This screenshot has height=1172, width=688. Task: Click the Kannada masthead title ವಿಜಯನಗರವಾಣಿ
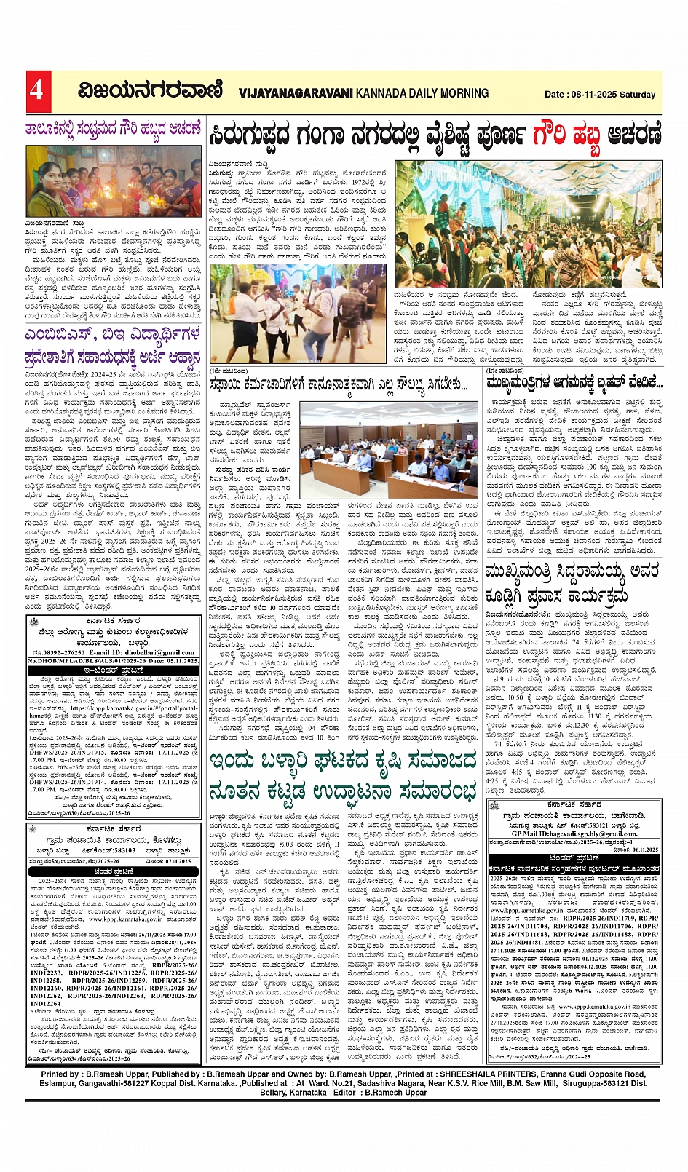(151, 91)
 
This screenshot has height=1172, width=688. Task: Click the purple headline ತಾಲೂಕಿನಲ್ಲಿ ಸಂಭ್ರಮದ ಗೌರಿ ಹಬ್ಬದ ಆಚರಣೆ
(113, 130)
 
